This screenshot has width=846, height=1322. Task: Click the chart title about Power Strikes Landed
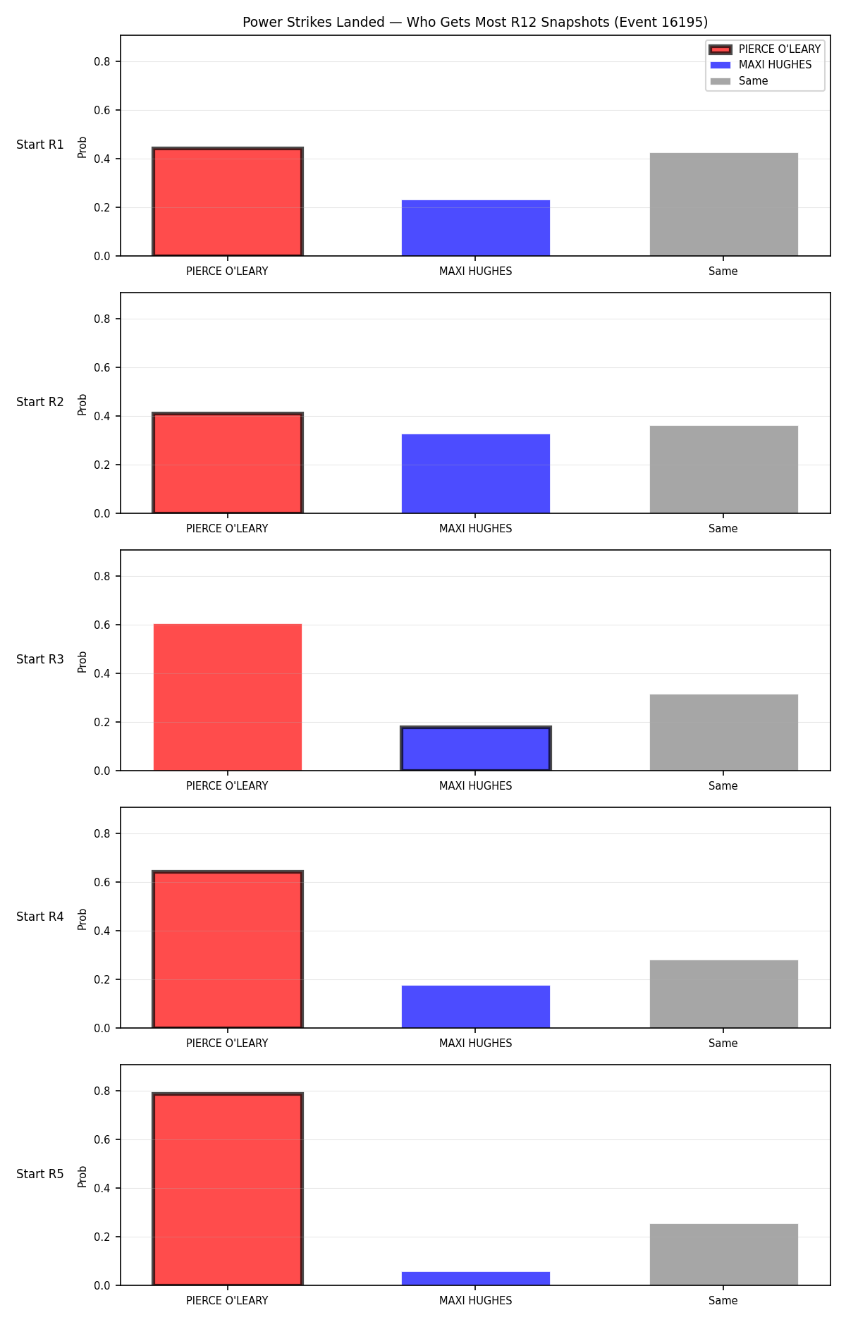(475, 22)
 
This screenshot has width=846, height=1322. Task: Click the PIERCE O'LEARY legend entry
(765, 49)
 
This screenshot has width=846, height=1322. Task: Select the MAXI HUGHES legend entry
(761, 65)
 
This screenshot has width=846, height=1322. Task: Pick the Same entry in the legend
(739, 81)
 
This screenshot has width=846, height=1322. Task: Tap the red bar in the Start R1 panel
(228, 202)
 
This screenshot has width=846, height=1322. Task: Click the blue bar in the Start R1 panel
(476, 228)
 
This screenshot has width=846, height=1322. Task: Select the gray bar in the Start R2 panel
(724, 470)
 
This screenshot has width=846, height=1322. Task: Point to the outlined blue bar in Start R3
(476, 749)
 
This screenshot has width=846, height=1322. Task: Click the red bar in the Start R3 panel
(228, 697)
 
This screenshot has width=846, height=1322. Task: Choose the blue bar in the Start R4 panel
(476, 1007)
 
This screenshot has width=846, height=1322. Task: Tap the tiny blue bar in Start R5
(476, 1278)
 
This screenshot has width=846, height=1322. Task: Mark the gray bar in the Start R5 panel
(724, 1254)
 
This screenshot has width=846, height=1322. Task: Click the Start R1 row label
(40, 145)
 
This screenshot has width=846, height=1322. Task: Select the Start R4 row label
(40, 917)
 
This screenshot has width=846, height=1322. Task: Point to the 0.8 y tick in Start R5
(102, 1091)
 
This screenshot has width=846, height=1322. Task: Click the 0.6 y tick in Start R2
(102, 367)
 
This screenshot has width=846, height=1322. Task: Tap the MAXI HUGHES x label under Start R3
(476, 785)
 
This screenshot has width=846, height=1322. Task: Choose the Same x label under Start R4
(723, 1043)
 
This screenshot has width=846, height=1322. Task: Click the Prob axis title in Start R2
(82, 404)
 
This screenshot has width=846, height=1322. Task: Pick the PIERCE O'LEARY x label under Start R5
(227, 1300)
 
